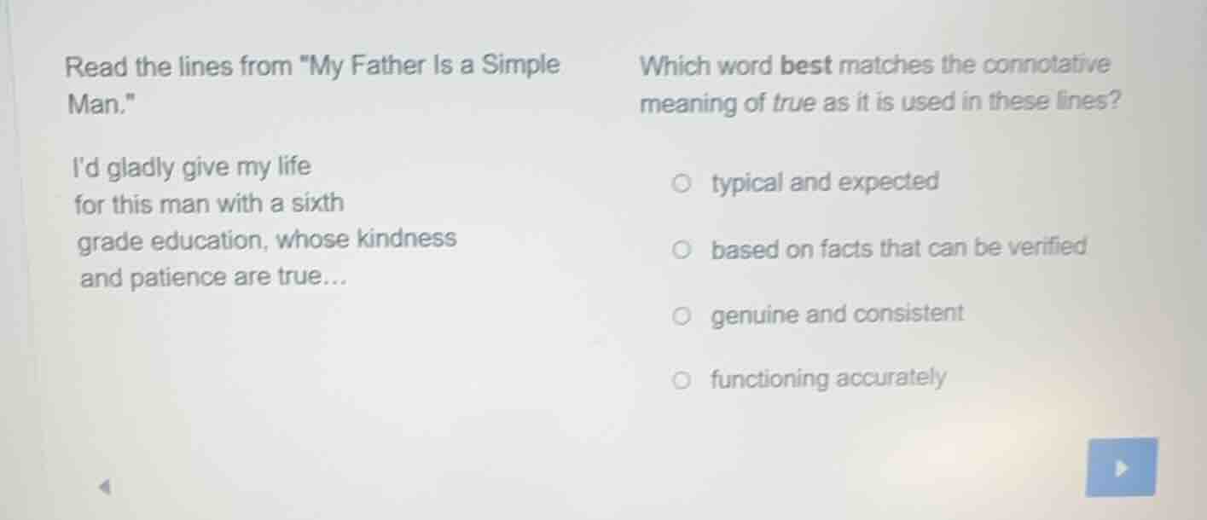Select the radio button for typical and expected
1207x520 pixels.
click(x=681, y=182)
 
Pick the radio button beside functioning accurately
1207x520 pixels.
click(x=681, y=380)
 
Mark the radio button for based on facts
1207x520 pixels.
click(x=681, y=251)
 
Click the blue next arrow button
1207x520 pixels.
click(x=1120, y=467)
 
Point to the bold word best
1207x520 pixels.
click(x=806, y=66)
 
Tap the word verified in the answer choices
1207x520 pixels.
click(x=1047, y=248)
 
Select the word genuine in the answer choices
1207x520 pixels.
click(x=755, y=316)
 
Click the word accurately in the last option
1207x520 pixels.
click(x=891, y=378)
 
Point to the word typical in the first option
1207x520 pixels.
click(x=746, y=183)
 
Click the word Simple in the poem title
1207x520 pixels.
click(x=521, y=65)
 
